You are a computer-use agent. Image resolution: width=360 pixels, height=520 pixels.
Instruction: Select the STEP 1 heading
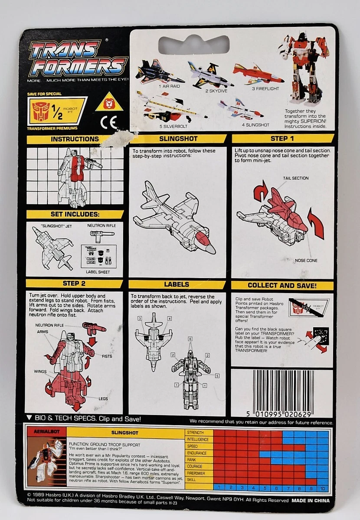coord(282,139)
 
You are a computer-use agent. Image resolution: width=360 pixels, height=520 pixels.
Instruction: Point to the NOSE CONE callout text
coord(306,260)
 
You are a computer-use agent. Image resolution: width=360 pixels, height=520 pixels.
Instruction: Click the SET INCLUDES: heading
coord(75,214)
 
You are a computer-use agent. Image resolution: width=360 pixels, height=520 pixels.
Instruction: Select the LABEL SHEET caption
coord(98,272)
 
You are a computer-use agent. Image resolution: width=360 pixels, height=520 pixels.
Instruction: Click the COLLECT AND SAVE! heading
coord(282,286)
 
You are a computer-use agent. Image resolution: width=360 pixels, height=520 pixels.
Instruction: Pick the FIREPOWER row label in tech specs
coord(197,473)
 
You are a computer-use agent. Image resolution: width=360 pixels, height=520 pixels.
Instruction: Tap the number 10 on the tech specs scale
coord(322,487)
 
